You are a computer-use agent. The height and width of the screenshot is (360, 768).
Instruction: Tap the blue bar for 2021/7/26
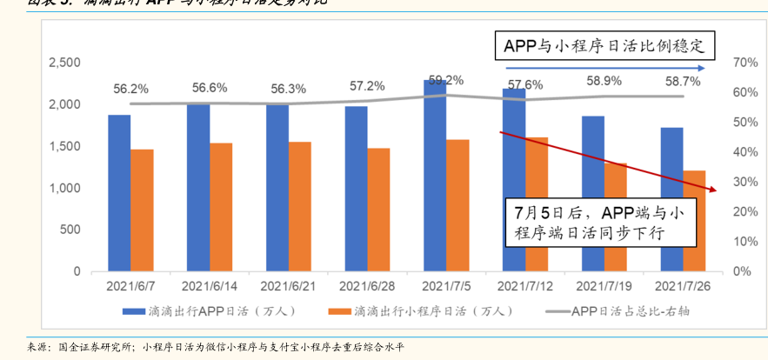671,199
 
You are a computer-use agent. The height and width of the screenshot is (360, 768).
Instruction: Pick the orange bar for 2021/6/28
378,210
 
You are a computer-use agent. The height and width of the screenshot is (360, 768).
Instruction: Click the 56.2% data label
131,89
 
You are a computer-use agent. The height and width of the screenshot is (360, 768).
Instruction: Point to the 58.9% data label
604,80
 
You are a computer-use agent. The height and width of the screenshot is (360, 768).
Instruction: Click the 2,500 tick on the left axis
65,63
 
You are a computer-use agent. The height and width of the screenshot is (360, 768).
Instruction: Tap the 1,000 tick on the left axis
65,188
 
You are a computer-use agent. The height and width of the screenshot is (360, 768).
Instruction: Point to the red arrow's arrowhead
714,190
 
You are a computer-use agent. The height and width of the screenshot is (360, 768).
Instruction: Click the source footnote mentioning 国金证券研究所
217,346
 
